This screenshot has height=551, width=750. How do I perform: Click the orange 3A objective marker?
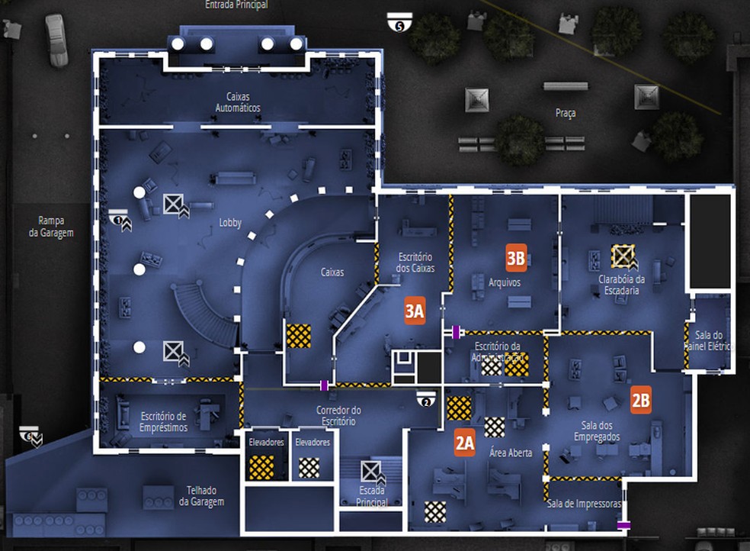click(x=415, y=311)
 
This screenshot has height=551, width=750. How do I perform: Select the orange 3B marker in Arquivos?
click(x=516, y=258)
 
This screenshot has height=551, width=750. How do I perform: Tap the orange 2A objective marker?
click(x=465, y=443)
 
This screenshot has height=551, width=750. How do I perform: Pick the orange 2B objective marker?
click(x=641, y=400)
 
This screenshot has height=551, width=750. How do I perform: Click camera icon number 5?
click(x=398, y=22)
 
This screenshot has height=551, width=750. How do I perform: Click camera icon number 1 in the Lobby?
click(x=119, y=218)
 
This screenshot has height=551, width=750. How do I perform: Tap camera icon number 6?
click(x=30, y=435)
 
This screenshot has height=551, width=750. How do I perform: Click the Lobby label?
click(x=229, y=223)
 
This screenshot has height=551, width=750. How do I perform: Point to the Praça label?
click(x=566, y=113)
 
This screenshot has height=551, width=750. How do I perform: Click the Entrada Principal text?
click(x=236, y=5)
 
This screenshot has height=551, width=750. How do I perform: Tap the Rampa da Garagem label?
click(x=51, y=227)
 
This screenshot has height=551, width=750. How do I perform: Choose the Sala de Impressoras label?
click(x=584, y=504)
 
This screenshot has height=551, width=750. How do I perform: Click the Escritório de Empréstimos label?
click(x=163, y=422)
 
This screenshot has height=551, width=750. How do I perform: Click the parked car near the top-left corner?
click(x=55, y=40)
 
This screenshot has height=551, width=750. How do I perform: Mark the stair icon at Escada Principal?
click(x=371, y=471)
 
